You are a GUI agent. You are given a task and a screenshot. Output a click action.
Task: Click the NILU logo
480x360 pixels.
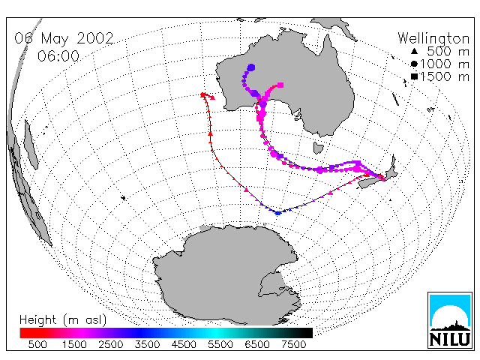pyautogui.click(x=450, y=320)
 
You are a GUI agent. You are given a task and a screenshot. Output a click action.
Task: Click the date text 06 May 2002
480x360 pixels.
pyautogui.click(x=64, y=38)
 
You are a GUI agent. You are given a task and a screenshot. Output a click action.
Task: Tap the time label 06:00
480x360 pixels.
pyautogui.click(x=58, y=56)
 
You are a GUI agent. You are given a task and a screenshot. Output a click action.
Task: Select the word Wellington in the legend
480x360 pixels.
pyautogui.click(x=433, y=38)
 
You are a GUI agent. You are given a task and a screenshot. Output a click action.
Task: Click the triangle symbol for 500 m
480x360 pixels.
pyautogui.click(x=414, y=52)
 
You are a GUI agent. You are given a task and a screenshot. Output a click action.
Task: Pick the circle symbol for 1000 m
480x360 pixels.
pyautogui.click(x=414, y=64)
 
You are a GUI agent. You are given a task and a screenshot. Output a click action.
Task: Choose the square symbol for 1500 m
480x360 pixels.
pyautogui.click(x=414, y=76)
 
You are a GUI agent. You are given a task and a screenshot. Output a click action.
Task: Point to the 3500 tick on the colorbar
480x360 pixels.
pyautogui.click(x=147, y=345)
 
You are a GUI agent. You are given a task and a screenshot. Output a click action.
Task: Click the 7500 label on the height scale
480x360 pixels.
pyautogui.click(x=293, y=345)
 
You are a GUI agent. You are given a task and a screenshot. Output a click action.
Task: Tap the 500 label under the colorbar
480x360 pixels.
pyautogui.click(x=37, y=345)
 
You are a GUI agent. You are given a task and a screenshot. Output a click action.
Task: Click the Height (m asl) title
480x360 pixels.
pyautogui.click(x=63, y=320)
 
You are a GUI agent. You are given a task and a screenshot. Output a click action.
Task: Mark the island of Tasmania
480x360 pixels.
pyautogui.click(x=318, y=148)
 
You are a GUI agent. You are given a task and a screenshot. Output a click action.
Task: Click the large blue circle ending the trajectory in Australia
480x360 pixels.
pyautogui.click(x=251, y=67)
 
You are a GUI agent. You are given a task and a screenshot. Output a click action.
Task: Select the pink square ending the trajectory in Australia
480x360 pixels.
pyautogui.click(x=280, y=85)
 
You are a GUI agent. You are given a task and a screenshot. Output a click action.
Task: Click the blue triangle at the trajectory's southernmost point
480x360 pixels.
pyautogui.click(x=277, y=213)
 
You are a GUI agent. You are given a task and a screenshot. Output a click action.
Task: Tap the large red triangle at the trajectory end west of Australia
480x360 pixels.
pyautogui.click(x=212, y=97)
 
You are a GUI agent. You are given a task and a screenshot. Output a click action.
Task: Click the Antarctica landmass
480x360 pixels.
pyautogui.click(x=227, y=275)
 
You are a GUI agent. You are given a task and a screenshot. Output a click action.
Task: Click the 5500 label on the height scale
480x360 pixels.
pyautogui.click(x=220, y=345)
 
